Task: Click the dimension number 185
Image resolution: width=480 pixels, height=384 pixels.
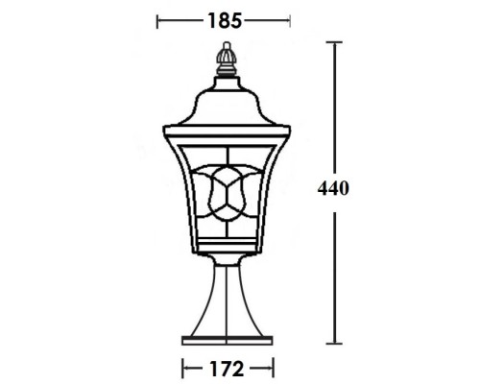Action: point(223,18)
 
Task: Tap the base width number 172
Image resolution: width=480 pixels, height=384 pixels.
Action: point(227,367)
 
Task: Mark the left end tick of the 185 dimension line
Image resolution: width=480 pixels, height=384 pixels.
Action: point(157,18)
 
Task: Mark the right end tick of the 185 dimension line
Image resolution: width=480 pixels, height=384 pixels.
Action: point(290,18)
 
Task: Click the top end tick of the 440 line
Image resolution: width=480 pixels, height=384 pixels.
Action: point(334,42)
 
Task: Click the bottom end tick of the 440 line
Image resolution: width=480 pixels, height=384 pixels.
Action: point(334,343)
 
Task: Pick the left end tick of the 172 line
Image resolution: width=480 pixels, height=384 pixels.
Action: point(182,367)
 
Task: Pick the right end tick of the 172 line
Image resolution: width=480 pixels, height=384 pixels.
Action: point(274,367)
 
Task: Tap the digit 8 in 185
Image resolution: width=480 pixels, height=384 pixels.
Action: point(223,18)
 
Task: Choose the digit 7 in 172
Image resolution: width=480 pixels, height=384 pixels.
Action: point(227,367)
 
